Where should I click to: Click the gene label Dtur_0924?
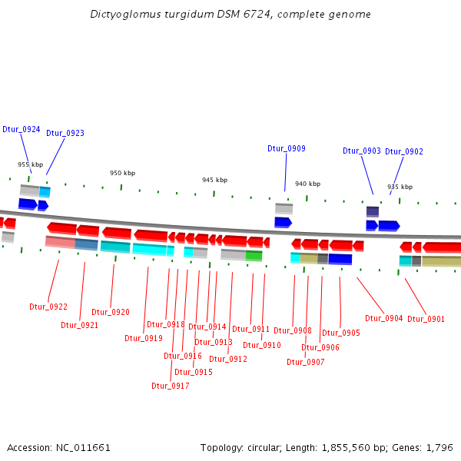click(22, 129)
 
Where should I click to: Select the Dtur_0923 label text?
click(65, 133)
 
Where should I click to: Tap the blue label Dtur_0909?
click(287, 148)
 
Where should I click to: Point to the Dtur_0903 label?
click(362, 151)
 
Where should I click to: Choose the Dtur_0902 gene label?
click(404, 151)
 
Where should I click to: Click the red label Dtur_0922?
click(48, 307)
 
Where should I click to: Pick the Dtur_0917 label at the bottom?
click(170, 386)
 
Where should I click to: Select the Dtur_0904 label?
click(383, 318)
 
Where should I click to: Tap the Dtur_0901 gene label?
click(426, 319)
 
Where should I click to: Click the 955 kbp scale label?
click(31, 164)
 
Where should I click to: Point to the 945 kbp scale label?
click(214, 180)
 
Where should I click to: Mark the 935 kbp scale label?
click(400, 187)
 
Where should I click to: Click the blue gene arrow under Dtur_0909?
click(283, 222)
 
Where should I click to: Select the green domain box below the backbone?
click(254, 255)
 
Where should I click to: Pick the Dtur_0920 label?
click(111, 312)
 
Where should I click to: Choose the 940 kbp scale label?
click(307, 184)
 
